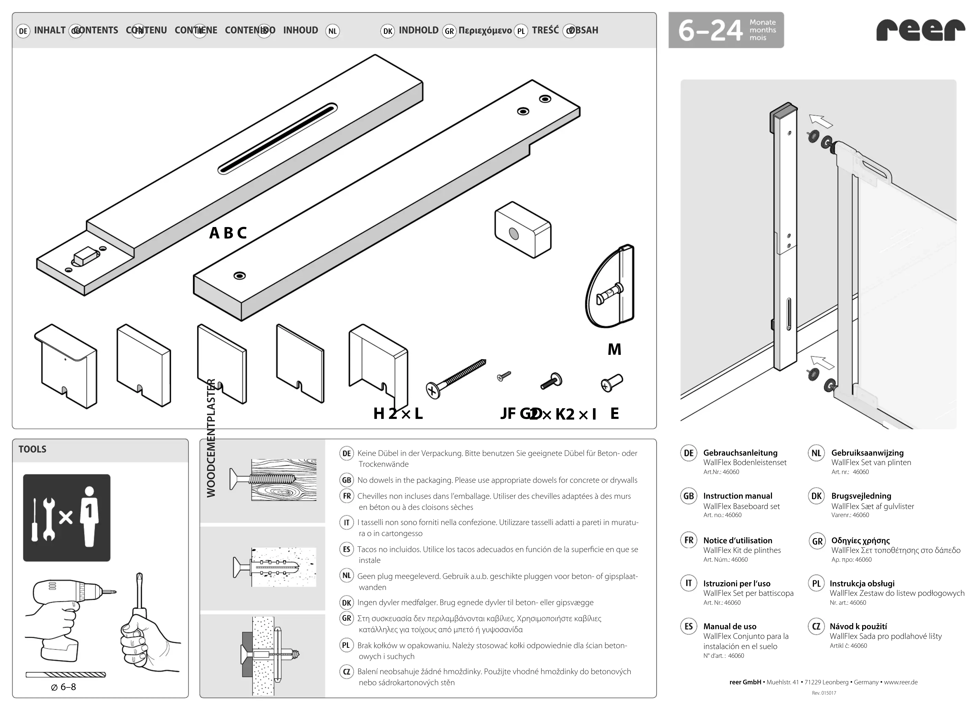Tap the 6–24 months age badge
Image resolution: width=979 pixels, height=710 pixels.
726,30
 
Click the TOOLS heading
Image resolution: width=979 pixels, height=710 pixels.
32,449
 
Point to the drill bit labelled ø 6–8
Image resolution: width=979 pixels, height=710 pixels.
66,675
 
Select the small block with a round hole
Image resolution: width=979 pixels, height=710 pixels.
523,230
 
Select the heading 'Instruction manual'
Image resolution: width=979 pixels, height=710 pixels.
738,496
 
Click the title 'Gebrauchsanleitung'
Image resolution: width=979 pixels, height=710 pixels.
740,453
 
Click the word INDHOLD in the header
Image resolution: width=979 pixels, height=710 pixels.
418,30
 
